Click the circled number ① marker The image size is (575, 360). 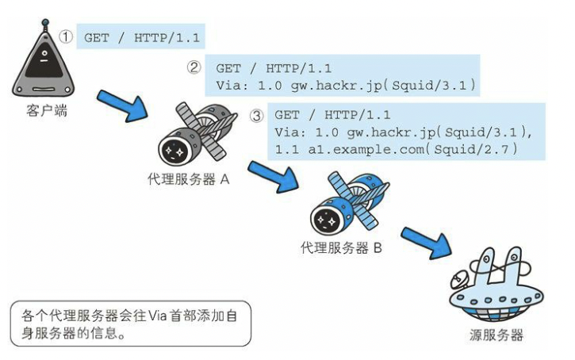(67, 37)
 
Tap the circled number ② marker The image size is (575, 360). (194, 68)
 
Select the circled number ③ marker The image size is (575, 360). (256, 115)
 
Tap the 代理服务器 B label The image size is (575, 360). (342, 247)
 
